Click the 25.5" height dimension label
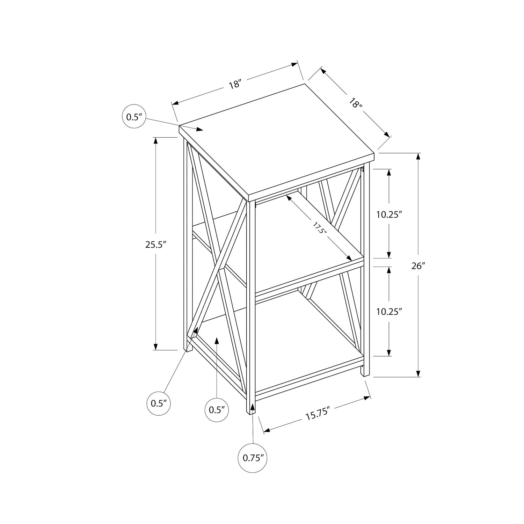[x=155, y=245]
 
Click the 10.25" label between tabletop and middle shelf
[x=387, y=214]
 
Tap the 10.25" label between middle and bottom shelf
[x=387, y=312]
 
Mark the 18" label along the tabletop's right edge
[x=355, y=104]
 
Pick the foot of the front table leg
[x=251, y=413]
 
